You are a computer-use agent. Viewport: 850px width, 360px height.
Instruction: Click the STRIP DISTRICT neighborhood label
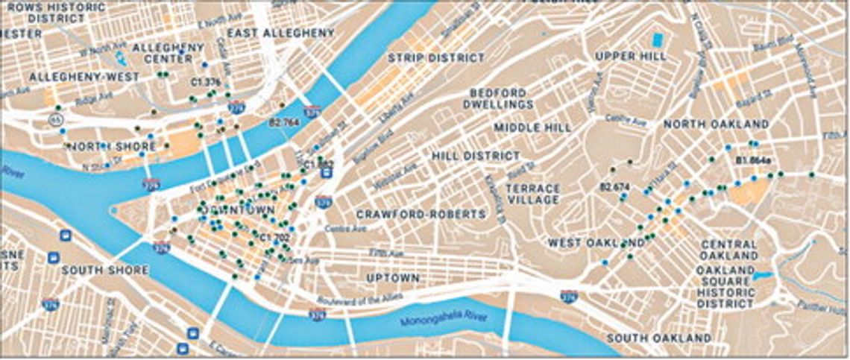(x=436, y=57)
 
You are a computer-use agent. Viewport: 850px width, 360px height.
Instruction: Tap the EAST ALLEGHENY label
(x=281, y=34)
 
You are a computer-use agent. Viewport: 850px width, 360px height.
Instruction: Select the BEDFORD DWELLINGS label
(x=502, y=98)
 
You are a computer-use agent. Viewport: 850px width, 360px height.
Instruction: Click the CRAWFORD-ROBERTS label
(x=421, y=214)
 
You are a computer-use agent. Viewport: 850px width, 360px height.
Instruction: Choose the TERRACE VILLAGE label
(x=533, y=194)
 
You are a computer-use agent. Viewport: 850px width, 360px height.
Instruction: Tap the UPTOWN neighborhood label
(x=393, y=278)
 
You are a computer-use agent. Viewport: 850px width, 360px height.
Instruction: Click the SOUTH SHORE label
(x=106, y=270)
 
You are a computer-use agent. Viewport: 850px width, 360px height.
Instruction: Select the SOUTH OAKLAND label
(x=658, y=339)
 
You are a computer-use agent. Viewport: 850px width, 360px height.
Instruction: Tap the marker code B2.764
(x=283, y=121)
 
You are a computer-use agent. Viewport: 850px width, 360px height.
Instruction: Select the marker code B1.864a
(x=752, y=160)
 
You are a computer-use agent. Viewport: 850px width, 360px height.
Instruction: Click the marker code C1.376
(x=206, y=82)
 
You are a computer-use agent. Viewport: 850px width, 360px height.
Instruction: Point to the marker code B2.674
(x=615, y=186)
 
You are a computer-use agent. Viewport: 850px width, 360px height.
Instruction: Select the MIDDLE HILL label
(x=532, y=127)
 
